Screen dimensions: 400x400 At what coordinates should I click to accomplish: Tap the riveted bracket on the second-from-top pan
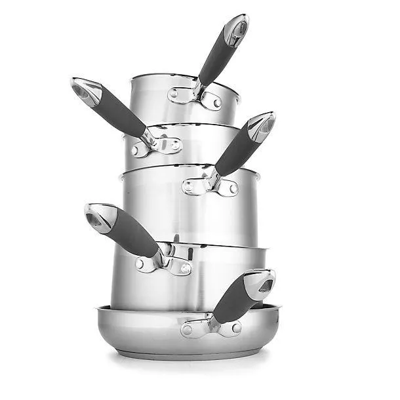point(156,146)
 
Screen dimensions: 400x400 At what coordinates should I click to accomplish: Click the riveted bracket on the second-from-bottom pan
point(164,262)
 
